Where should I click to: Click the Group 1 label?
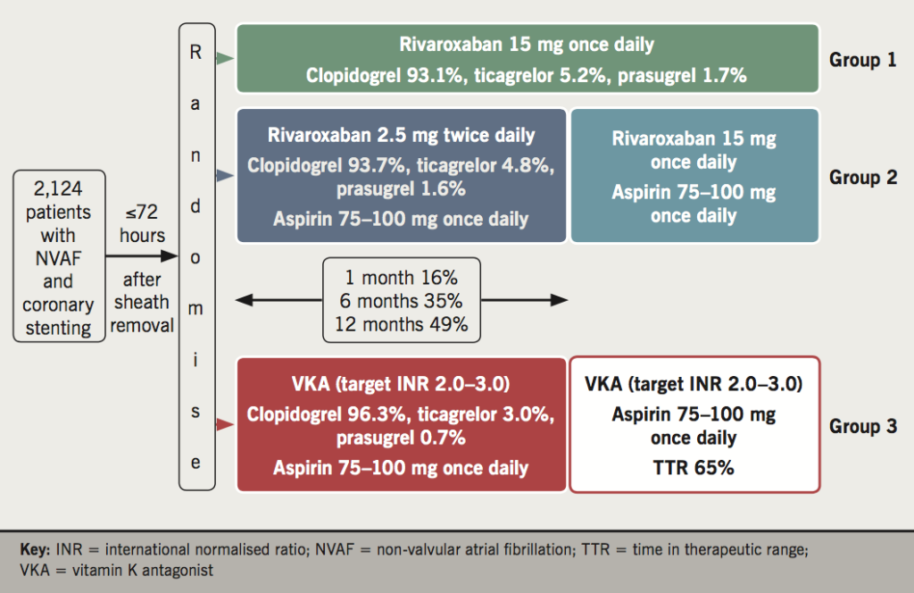point(862,60)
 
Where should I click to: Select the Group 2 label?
point(862,177)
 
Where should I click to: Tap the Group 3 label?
point(862,426)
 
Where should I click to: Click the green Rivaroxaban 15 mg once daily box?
point(527,59)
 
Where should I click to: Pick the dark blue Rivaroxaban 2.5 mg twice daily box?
point(401,176)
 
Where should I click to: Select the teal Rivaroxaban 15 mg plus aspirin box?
point(694,176)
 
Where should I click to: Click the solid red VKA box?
point(401,425)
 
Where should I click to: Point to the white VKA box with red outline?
point(694,425)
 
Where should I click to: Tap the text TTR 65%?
point(694,466)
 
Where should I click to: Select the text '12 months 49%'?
point(401,324)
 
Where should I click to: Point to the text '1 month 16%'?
point(401,278)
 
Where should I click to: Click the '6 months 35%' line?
point(401,301)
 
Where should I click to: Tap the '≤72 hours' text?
point(143,223)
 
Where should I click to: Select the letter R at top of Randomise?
point(196,52)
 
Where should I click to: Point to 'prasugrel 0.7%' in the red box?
point(401,438)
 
